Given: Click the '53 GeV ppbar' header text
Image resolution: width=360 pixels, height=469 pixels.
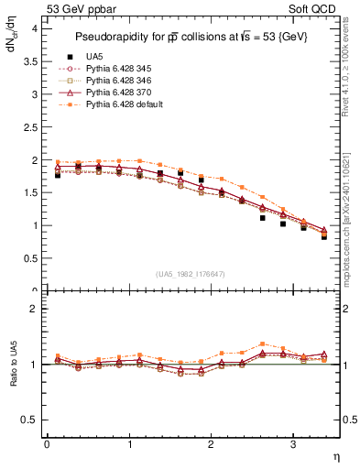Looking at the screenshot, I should click(x=77, y=8).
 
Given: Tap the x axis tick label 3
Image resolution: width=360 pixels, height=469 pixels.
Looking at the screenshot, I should click(x=292, y=444).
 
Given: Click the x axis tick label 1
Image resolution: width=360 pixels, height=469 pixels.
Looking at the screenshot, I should click(x=128, y=444).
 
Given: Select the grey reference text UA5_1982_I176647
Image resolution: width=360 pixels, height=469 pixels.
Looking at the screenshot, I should click(x=191, y=274).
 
